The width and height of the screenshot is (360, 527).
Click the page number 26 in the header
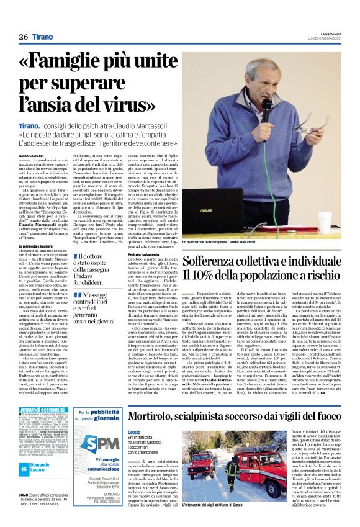coord(24,37)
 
